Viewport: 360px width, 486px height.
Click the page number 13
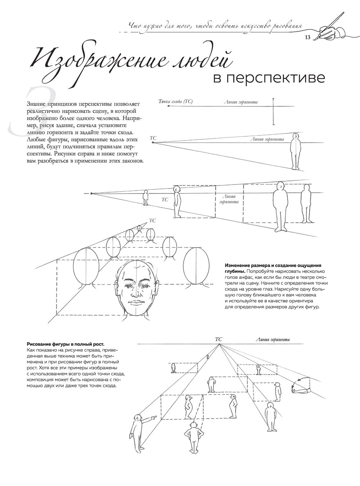pos(307,37)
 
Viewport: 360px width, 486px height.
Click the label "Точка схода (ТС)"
pos(176,102)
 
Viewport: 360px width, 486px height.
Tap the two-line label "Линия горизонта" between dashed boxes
pos(229,199)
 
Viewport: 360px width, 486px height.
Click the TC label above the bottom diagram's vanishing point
pos(219,339)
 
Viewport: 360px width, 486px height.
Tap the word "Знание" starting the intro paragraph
pos(36,104)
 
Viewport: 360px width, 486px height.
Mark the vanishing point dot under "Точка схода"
pos(168,106)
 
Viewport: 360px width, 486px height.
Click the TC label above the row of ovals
pos(152,220)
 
